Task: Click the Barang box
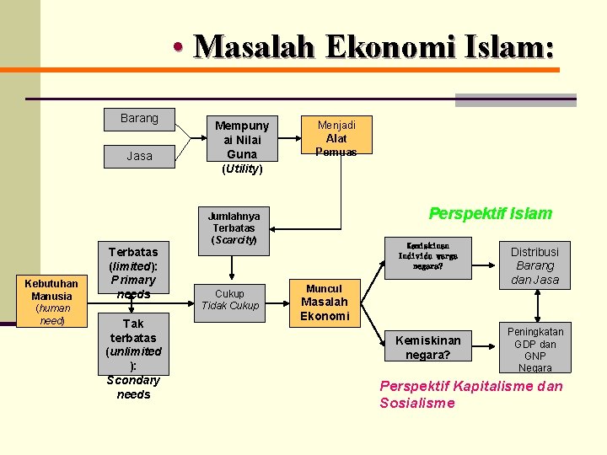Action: pos(139,119)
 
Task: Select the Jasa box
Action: pos(139,156)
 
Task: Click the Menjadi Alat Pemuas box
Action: pos(336,136)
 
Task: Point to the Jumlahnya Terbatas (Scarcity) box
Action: pos(234,227)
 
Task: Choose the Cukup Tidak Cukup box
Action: pos(229,299)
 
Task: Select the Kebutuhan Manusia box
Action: pos(51,302)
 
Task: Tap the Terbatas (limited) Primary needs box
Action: pos(133,272)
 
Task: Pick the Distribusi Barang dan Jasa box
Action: pos(534,265)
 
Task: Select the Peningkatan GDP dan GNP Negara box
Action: pos(534,349)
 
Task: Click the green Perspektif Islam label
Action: pos(490,213)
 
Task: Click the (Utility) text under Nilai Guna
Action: pos(242,169)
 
